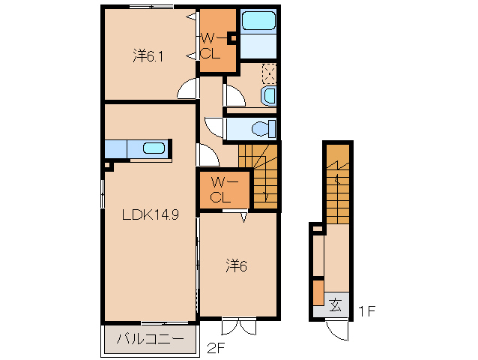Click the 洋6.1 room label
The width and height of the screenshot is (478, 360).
pyautogui.click(x=148, y=56)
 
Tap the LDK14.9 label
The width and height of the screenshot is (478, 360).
pyautogui.click(x=151, y=214)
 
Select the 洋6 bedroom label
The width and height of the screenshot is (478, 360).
pyautogui.click(x=237, y=266)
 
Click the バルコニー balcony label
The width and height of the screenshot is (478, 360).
pyautogui.click(x=151, y=339)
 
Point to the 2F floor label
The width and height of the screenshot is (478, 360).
pyautogui.click(x=216, y=348)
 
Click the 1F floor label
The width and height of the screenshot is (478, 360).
pyautogui.click(x=366, y=311)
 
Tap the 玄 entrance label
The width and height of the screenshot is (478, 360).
pyautogui.click(x=335, y=304)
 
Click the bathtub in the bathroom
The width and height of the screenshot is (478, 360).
pyautogui.click(x=258, y=21)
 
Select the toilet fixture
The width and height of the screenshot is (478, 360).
pyautogui.click(x=264, y=129)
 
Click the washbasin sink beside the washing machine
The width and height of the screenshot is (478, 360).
pyautogui.click(x=268, y=95)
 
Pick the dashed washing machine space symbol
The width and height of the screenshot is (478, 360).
pyautogui.click(x=269, y=73)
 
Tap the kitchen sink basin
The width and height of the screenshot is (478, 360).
pyautogui.click(x=154, y=148)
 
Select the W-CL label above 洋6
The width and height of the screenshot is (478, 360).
pyautogui.click(x=224, y=190)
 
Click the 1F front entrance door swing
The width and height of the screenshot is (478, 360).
pyautogui.click(x=337, y=329)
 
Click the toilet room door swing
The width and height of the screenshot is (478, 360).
pyautogui.click(x=214, y=127)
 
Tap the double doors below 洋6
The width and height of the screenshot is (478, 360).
pyautogui.click(x=239, y=326)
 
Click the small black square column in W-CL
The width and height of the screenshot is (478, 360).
pyautogui.click(x=234, y=39)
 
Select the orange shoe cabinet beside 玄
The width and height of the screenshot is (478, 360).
pyautogui.click(x=318, y=292)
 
